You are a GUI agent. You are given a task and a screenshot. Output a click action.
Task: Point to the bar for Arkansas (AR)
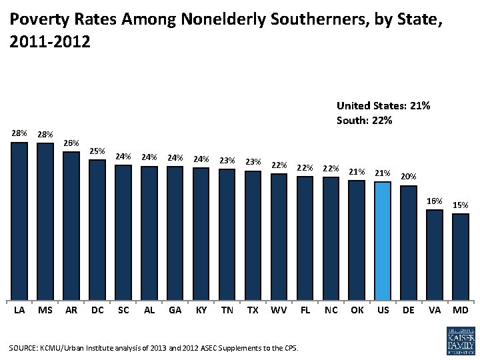point(71,226)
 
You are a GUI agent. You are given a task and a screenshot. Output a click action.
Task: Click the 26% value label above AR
point(71,143)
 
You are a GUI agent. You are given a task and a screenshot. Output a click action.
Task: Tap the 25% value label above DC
point(97,151)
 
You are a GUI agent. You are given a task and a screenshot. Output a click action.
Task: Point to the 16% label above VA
point(435,201)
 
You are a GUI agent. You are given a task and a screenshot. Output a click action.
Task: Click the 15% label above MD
point(461,205)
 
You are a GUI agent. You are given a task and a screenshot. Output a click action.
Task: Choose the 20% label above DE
point(409,177)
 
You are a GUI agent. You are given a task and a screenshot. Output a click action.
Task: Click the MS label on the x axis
point(45,310)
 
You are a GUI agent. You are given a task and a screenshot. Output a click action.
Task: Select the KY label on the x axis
point(201,310)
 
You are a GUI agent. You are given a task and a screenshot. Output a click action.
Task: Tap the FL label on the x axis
point(305,310)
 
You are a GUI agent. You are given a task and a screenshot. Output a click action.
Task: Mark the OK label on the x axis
point(357,310)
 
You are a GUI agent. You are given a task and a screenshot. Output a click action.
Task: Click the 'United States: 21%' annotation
point(383,106)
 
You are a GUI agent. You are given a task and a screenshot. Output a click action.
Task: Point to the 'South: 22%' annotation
point(364,121)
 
